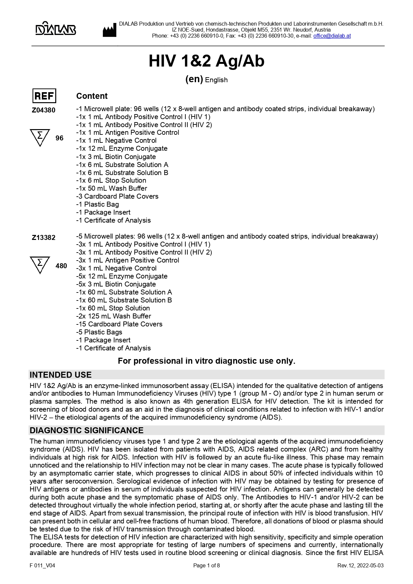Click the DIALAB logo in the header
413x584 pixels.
[x=56, y=29]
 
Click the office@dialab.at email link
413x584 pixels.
[x=332, y=36]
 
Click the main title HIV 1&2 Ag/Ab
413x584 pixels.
[x=206, y=61]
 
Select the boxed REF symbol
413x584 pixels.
[x=44, y=96]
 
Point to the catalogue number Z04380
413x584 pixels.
[x=44, y=110]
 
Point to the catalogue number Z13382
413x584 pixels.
[x=44, y=238]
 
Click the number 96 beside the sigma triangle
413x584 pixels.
[x=59, y=138]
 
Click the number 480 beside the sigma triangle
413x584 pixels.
[x=61, y=266]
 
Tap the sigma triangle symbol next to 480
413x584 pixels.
[x=40, y=264]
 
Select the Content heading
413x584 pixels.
[x=92, y=96]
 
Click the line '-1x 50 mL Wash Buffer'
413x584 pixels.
[x=111, y=188]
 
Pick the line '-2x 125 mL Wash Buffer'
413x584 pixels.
[x=113, y=316]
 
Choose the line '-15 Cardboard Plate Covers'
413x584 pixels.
[x=119, y=324]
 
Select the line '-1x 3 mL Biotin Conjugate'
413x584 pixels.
[x=116, y=157]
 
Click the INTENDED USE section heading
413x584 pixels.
[x=61, y=375]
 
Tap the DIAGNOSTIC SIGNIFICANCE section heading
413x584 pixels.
[x=87, y=430]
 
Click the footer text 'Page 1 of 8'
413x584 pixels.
[x=206, y=565]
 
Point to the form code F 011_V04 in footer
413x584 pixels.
[x=42, y=565]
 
